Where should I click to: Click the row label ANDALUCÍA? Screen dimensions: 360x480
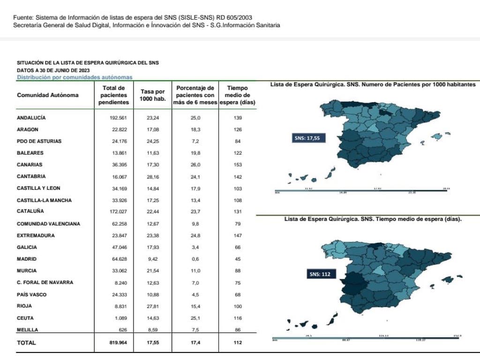click(31, 118)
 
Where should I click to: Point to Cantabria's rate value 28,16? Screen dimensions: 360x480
click(153, 177)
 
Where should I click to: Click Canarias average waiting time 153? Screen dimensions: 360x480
click(237, 165)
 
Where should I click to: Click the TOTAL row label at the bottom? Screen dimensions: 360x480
click(26, 343)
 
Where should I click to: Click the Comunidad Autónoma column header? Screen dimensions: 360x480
click(48, 95)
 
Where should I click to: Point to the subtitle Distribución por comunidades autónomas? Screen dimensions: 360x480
click(75, 77)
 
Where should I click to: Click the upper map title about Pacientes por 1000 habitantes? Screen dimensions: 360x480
click(374, 84)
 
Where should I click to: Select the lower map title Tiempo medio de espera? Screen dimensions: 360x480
click(373, 219)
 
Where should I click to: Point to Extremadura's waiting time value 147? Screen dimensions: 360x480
click(237, 236)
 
